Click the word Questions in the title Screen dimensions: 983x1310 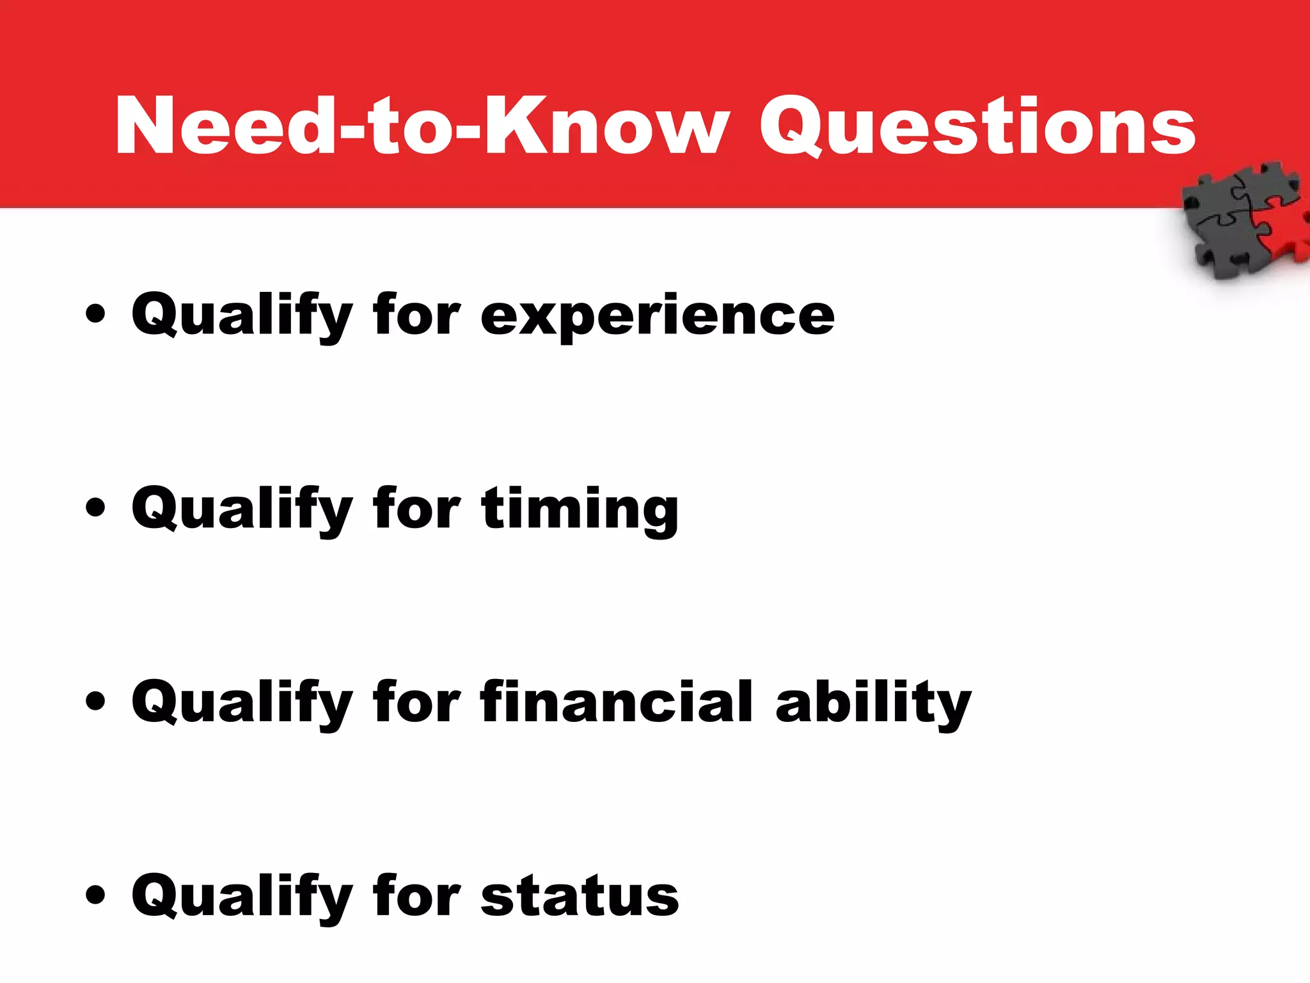point(977,126)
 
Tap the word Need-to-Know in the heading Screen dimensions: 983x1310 point(422,126)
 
